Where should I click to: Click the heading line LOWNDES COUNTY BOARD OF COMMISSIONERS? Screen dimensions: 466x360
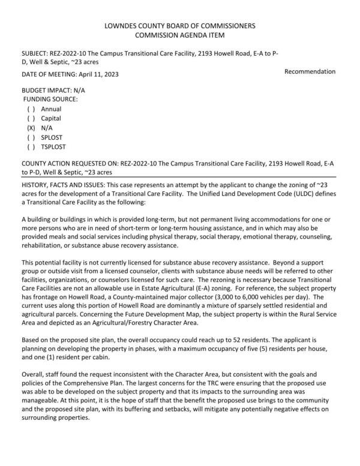(179, 26)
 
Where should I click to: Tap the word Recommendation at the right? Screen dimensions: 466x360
(310, 71)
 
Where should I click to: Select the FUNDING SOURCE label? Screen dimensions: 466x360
(51, 98)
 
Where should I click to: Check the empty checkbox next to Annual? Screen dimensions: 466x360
(31, 109)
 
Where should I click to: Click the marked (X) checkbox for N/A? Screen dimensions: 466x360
(31, 128)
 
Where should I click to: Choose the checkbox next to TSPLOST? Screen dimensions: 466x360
(31, 146)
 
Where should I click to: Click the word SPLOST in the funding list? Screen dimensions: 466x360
(53, 137)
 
